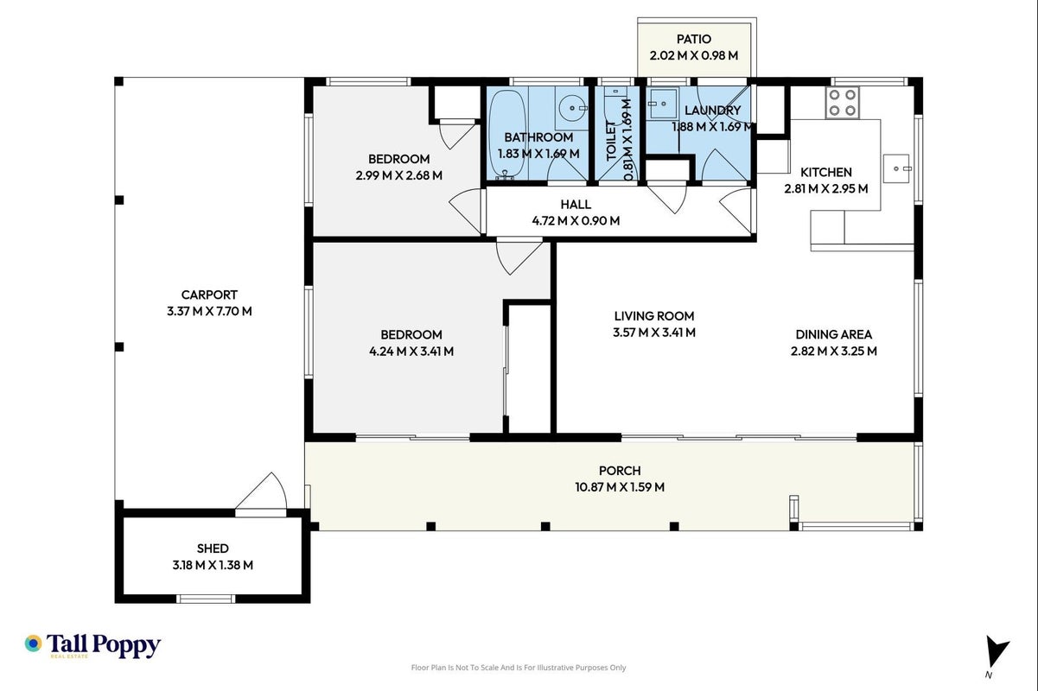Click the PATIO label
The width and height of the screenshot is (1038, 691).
[x=694, y=39]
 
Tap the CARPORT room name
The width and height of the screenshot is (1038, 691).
[x=209, y=295]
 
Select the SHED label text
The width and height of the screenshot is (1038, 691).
[x=213, y=548]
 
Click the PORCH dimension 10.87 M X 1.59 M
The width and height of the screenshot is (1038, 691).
[x=620, y=487]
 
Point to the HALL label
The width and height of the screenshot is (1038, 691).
[x=576, y=204]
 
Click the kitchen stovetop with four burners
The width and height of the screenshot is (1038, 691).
[x=842, y=102]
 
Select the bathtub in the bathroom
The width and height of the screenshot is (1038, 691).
[x=507, y=134]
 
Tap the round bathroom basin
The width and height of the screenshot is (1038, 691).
[x=573, y=108]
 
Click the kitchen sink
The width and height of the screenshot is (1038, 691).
[x=896, y=168]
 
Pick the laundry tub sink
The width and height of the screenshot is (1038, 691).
[x=662, y=104]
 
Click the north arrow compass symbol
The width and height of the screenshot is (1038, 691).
[x=997, y=651]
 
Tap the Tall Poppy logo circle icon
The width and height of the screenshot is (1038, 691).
[x=34, y=643]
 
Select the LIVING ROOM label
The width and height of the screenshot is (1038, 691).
[x=654, y=316]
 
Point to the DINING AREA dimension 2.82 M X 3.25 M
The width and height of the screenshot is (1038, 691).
[x=834, y=351]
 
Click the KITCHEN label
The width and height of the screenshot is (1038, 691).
[x=825, y=172]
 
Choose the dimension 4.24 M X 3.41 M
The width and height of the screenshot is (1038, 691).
[x=411, y=352]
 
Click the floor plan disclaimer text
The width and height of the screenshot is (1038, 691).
[x=519, y=668]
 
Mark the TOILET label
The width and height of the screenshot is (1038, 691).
[x=611, y=140]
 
